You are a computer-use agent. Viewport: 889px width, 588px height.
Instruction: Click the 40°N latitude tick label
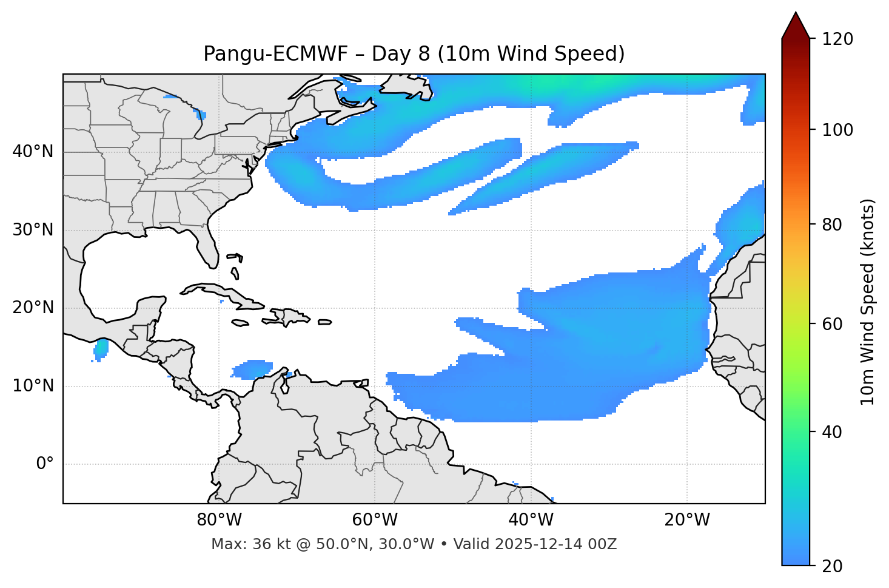pyautogui.click(x=33, y=152)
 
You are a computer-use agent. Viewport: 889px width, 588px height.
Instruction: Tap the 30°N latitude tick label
pyautogui.click(x=33, y=230)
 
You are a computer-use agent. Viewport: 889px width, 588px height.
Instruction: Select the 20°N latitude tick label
pyautogui.click(x=33, y=308)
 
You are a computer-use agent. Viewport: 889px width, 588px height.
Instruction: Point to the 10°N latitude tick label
pyautogui.click(x=33, y=386)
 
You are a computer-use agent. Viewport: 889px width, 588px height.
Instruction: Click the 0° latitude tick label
pyautogui.click(x=45, y=464)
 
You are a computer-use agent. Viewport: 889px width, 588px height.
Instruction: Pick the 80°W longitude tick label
pyautogui.click(x=219, y=520)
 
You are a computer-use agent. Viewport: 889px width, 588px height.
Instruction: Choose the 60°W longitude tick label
pyautogui.click(x=375, y=520)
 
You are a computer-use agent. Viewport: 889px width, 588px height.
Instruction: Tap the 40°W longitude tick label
pyautogui.click(x=531, y=520)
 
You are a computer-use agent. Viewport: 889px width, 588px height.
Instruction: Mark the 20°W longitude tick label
pyautogui.click(x=687, y=520)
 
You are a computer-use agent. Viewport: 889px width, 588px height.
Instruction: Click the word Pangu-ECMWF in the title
pyautogui.click(x=275, y=54)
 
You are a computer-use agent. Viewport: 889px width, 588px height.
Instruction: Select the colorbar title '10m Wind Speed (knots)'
pyautogui.click(x=868, y=302)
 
